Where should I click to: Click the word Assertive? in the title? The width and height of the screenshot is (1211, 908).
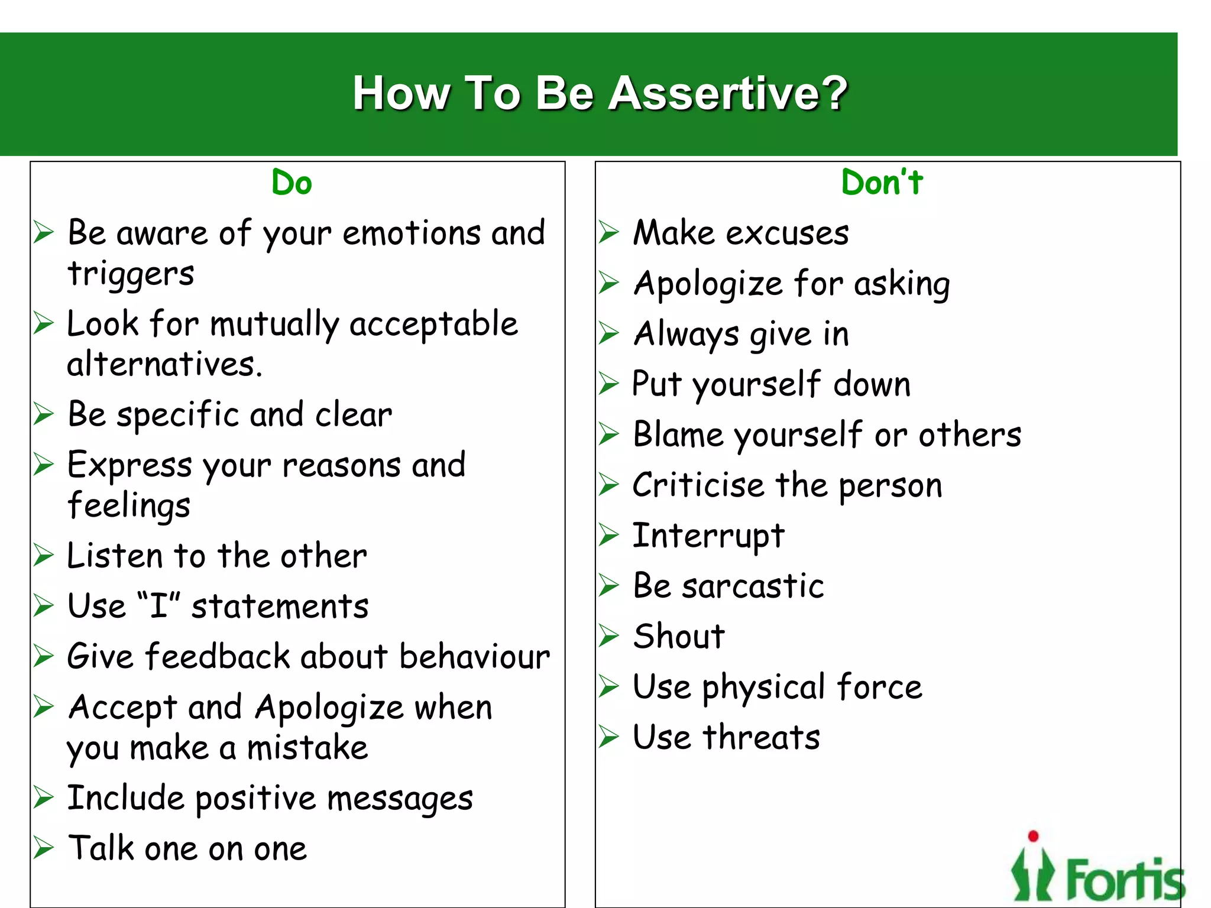(728, 93)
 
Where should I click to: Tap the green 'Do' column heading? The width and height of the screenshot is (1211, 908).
(292, 183)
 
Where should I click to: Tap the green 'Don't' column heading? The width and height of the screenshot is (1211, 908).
(882, 183)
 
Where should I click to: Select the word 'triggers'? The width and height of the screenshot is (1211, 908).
(131, 274)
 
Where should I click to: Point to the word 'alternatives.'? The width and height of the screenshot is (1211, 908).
(164, 364)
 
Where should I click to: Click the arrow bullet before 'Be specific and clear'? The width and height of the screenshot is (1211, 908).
(44, 414)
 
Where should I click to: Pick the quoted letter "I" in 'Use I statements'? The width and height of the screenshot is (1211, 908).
(158, 606)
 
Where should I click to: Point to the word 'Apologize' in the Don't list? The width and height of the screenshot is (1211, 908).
(708, 284)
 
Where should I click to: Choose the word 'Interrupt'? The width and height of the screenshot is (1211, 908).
(708, 536)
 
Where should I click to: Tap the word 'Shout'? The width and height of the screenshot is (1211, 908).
(679, 637)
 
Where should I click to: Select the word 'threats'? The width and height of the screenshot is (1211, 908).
(762, 738)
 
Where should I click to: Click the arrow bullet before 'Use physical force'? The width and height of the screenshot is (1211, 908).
(608, 686)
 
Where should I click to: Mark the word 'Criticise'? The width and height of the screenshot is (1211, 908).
(698, 486)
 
